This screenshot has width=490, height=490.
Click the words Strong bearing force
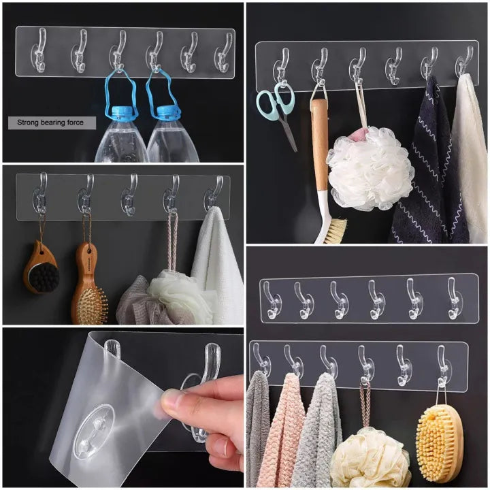52,123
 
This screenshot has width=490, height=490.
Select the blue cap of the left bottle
120,112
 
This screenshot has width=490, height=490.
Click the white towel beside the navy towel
470,163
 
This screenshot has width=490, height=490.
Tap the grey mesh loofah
136,303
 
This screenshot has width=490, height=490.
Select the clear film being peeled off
109,408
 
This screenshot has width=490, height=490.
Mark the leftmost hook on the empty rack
272,300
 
